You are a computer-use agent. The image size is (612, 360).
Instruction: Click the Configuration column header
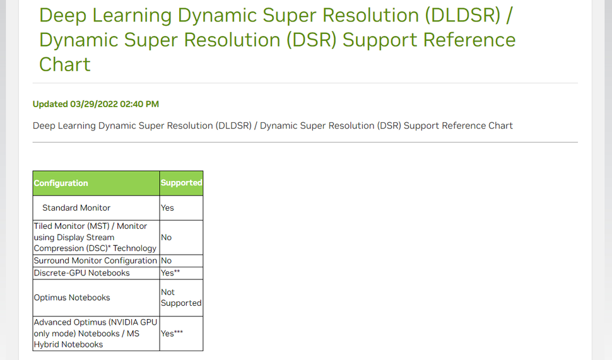pos(61,183)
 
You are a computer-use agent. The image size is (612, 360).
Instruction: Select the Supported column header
pos(181,183)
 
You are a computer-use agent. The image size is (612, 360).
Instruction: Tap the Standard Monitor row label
pos(76,207)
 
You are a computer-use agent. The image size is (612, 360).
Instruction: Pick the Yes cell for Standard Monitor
pos(167,207)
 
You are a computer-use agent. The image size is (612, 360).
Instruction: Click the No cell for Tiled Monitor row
pos(166,238)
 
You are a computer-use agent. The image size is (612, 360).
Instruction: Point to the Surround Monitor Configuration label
pos(95,260)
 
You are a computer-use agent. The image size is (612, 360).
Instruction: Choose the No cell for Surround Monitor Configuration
pos(166,260)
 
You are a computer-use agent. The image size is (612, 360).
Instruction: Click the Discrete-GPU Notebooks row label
pos(82,273)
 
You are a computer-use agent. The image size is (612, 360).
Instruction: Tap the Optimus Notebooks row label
pos(72,298)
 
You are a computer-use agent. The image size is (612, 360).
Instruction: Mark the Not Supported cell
pos(180,298)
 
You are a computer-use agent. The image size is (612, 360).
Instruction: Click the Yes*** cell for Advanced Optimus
pos(172,333)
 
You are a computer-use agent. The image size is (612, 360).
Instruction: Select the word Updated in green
pos(50,104)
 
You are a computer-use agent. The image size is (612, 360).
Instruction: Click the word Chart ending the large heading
pos(65,64)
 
